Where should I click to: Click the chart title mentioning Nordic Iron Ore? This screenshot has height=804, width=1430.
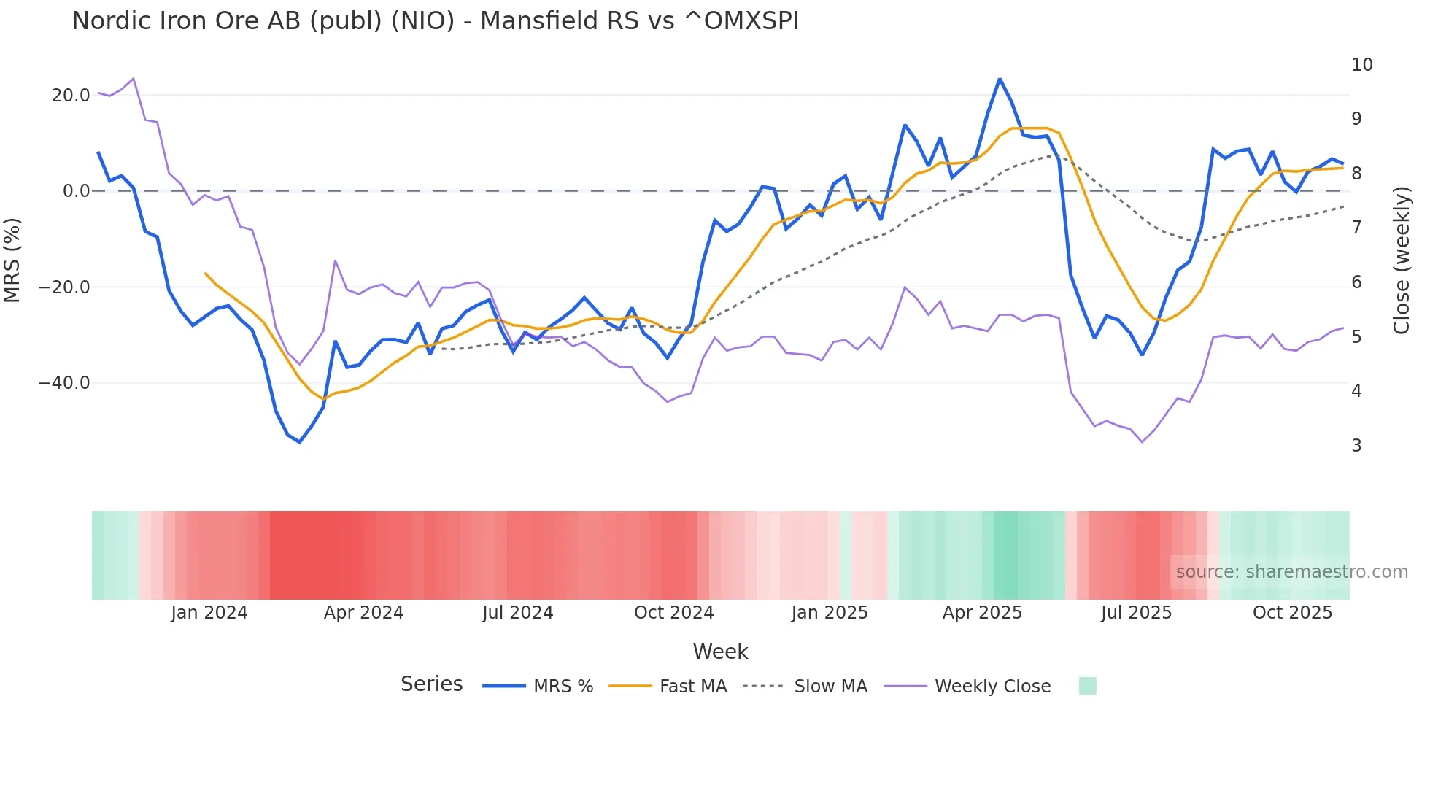coord(435,20)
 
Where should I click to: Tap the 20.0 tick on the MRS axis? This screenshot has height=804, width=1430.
coord(71,96)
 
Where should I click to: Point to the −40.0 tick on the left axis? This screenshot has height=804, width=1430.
coord(64,383)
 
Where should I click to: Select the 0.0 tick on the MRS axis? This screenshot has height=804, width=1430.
coord(76,191)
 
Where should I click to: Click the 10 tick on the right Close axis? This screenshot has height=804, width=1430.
coord(1361,65)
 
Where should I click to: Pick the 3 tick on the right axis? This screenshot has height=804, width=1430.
coord(1356,445)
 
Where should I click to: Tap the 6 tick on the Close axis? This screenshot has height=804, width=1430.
coord(1356,282)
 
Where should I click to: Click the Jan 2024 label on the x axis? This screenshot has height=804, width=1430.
coord(209,613)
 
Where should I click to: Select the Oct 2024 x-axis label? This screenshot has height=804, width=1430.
coord(673,613)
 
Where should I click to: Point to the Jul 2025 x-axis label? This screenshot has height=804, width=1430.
coord(1136,613)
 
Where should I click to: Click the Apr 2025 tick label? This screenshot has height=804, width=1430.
coord(982,613)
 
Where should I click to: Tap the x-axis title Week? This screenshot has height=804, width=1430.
coord(720,652)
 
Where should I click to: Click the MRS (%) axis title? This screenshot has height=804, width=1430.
coord(12,260)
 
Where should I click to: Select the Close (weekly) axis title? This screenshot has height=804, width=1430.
coord(1401,260)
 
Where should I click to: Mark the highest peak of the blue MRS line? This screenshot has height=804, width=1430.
coord(1000,79)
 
